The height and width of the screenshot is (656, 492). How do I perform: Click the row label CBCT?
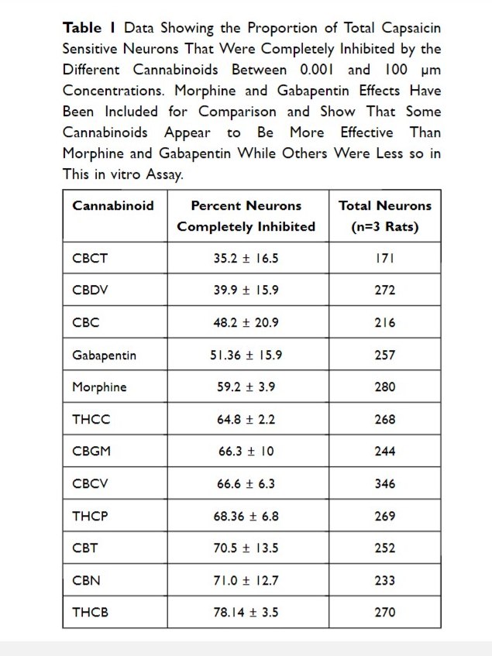tap(90, 259)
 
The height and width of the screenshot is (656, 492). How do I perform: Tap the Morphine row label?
tap(98, 386)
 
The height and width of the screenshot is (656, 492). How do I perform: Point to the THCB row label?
tap(90, 612)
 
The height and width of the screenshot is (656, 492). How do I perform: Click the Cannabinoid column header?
tap(113, 206)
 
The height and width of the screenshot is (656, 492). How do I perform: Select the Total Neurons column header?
tap(384, 216)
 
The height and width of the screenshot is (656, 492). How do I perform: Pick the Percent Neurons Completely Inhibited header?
tap(246, 216)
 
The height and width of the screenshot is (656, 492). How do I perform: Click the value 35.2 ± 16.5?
tap(246, 259)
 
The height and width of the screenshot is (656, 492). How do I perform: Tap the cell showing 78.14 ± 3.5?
tap(246, 612)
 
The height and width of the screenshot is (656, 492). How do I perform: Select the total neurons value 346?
tap(384, 483)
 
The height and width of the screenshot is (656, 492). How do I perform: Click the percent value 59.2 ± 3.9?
tap(246, 386)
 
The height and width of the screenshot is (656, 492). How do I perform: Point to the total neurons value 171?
tap(384, 259)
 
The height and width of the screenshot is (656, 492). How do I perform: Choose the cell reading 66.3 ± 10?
tap(246, 452)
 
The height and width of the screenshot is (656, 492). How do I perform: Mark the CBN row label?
tap(86, 580)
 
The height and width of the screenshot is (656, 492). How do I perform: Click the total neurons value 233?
tap(384, 580)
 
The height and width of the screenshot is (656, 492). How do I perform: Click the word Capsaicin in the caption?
tap(406, 28)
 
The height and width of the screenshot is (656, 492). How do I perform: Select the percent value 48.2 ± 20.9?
tap(246, 323)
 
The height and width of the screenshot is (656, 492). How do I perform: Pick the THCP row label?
tap(90, 516)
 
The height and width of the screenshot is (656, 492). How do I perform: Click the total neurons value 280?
tap(384, 386)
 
